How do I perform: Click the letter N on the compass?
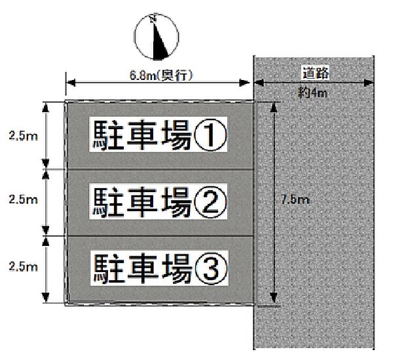[x=153, y=19]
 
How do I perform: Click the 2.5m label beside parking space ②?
[x=22, y=199]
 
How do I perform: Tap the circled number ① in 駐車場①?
[x=210, y=135]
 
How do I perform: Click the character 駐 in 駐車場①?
[x=107, y=135]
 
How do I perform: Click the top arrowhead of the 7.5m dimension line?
[x=273, y=107]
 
